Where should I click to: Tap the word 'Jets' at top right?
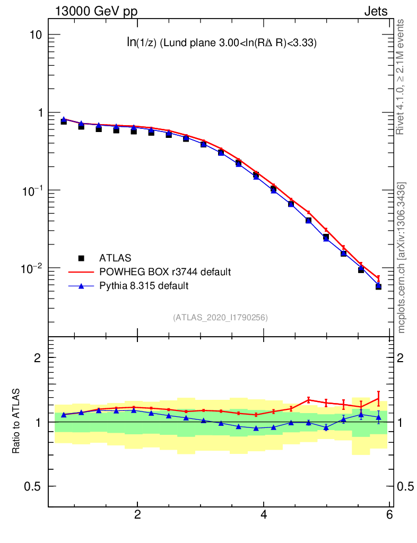point(375,12)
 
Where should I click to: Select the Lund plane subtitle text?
point(221,43)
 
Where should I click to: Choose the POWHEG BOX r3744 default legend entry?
point(164,272)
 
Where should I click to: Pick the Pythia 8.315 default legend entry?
point(144,286)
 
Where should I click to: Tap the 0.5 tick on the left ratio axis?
point(33,486)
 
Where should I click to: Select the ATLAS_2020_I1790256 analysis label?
point(220,318)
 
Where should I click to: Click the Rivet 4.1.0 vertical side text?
point(401,77)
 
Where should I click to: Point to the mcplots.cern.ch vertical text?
point(401,257)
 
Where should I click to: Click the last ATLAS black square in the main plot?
point(379,286)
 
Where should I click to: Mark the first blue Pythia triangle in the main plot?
point(64,119)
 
